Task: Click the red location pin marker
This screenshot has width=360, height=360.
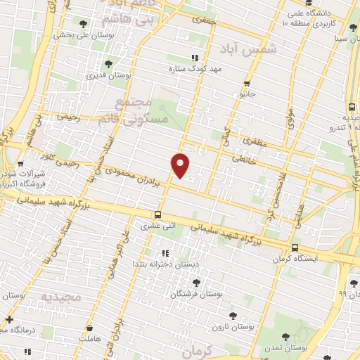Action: click(181, 165)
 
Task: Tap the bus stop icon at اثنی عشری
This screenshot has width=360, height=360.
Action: click(158, 214)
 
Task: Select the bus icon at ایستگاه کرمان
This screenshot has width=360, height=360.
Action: click(295, 247)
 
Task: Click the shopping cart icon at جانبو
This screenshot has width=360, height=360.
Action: click(246, 82)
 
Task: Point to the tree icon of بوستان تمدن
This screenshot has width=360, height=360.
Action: click(285, 337)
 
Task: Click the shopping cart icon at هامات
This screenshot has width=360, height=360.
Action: click(89, 328)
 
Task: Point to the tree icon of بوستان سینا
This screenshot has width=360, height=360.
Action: click(334, 27)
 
